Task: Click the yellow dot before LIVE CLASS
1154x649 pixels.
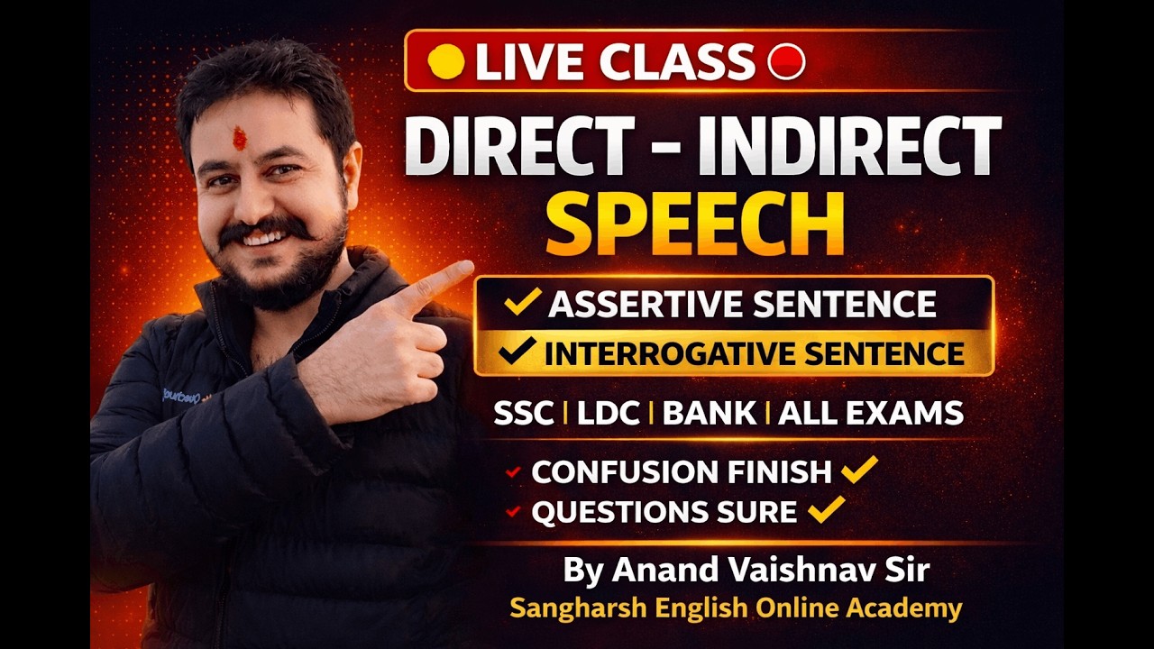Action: (445, 61)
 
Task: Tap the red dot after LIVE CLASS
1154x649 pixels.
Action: (786, 61)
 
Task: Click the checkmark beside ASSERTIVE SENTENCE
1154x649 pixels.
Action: (523, 302)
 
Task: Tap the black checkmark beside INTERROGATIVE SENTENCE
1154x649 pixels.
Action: (517, 352)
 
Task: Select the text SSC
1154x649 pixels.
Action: (524, 414)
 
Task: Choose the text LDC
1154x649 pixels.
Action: (608, 414)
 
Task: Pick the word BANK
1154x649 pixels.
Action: (711, 414)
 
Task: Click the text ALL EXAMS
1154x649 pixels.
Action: (870, 414)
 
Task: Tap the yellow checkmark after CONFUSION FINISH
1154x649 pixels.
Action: (858, 469)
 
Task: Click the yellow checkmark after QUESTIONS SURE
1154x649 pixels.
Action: (826, 509)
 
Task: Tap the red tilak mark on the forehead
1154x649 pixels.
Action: (239, 138)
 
